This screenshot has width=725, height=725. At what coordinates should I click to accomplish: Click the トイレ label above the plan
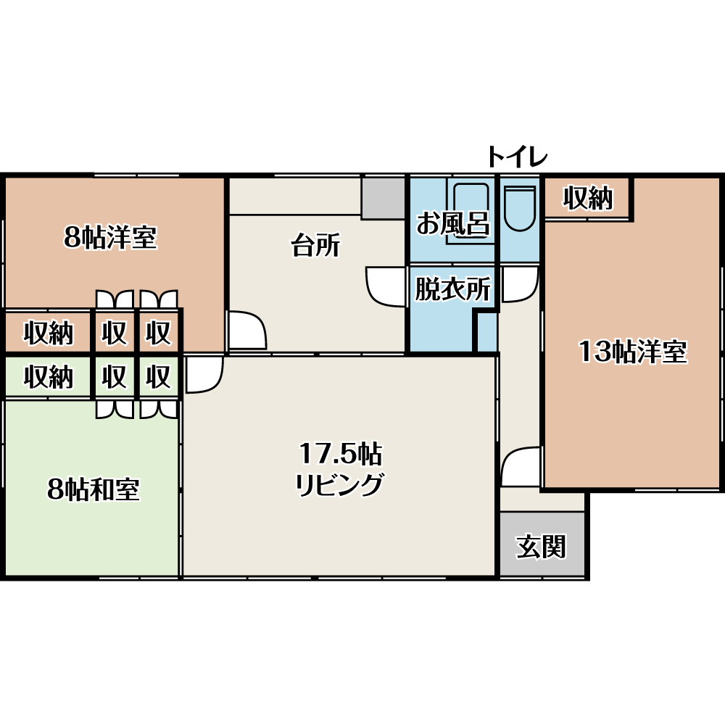click(518, 157)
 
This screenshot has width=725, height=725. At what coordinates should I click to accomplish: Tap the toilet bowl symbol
click(520, 208)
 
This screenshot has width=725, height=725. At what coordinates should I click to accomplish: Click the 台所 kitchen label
click(315, 244)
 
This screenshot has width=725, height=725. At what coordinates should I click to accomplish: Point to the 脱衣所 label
click(452, 289)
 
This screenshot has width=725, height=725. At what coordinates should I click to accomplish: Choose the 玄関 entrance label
click(541, 547)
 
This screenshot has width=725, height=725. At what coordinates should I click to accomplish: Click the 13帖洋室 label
click(633, 352)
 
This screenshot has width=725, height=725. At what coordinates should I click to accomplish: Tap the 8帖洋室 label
click(110, 237)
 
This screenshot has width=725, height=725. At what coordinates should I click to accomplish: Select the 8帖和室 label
click(94, 489)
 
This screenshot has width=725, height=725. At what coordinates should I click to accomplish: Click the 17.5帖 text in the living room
click(341, 454)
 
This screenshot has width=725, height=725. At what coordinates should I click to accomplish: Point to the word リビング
click(340, 484)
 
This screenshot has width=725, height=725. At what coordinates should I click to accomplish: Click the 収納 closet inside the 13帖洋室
click(588, 198)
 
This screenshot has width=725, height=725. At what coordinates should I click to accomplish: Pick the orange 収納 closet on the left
click(49, 333)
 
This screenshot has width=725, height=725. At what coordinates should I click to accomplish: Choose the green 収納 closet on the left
click(49, 376)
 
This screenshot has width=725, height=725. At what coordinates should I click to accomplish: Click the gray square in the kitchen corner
click(384, 199)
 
